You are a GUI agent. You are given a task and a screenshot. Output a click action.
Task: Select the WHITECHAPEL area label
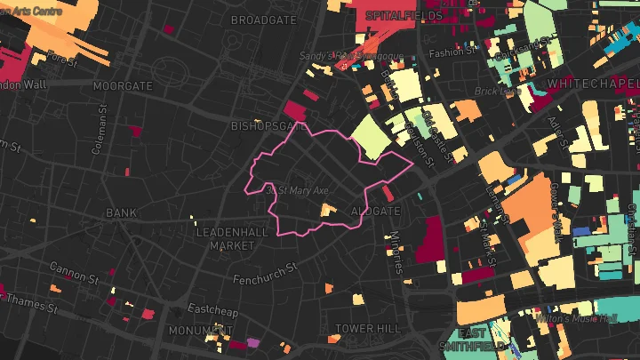pyautogui.click(x=593, y=83)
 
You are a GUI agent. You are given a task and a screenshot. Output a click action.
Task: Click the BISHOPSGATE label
pyautogui.click(x=262, y=126)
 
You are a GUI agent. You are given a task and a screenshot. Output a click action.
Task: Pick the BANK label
pyautogui.click(x=122, y=213)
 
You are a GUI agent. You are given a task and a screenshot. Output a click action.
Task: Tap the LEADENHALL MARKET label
pyautogui.click(x=231, y=238)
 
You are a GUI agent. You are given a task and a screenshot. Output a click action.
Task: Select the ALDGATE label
pyautogui.click(x=376, y=212)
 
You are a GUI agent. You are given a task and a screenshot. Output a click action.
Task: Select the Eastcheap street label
pyautogui.click(x=211, y=309)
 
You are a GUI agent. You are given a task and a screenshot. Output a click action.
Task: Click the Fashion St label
pyautogui.click(x=447, y=52)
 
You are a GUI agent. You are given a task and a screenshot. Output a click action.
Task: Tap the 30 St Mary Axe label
pyautogui.click(x=297, y=190)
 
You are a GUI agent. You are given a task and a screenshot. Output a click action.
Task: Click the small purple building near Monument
pyautogui.click(x=253, y=341)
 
